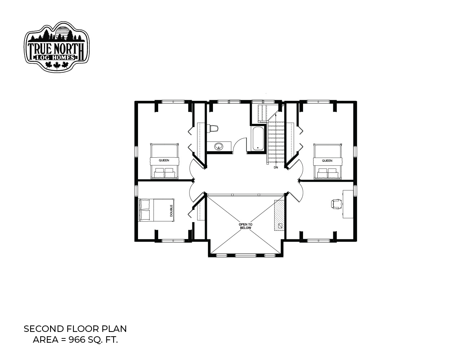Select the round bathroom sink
pos(219,147)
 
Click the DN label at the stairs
pos(276,167)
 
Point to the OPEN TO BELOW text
pos(245,226)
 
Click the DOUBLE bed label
pos(171,210)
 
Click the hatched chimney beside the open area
pos(279,215)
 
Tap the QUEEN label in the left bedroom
pos(164,160)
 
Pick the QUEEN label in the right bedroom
pos(327,161)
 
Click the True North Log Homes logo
pos(57,46)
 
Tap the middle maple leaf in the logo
pos(57,65)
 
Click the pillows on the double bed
pos(144,210)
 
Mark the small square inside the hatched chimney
pos(280,226)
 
